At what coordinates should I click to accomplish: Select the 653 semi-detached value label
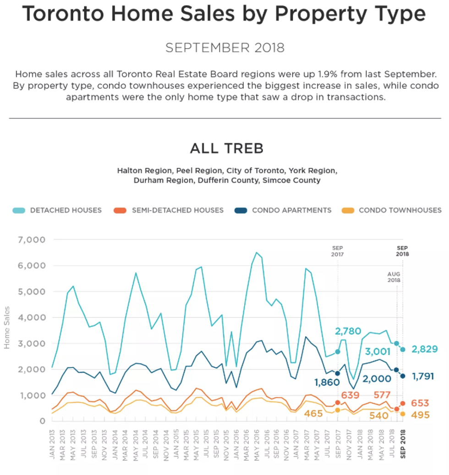point(420,404)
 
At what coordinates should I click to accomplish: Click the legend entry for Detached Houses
point(66,210)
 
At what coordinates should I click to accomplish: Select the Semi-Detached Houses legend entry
point(177,210)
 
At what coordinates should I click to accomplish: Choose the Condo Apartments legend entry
point(291,210)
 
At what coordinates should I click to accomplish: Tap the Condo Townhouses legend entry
point(400,210)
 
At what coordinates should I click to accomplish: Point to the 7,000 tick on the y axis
point(32,240)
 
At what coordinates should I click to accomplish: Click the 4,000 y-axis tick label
point(32,317)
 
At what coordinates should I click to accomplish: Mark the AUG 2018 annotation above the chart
point(394,277)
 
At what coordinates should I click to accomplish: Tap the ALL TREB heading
point(226,148)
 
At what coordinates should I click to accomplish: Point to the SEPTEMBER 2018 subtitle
point(224,48)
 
